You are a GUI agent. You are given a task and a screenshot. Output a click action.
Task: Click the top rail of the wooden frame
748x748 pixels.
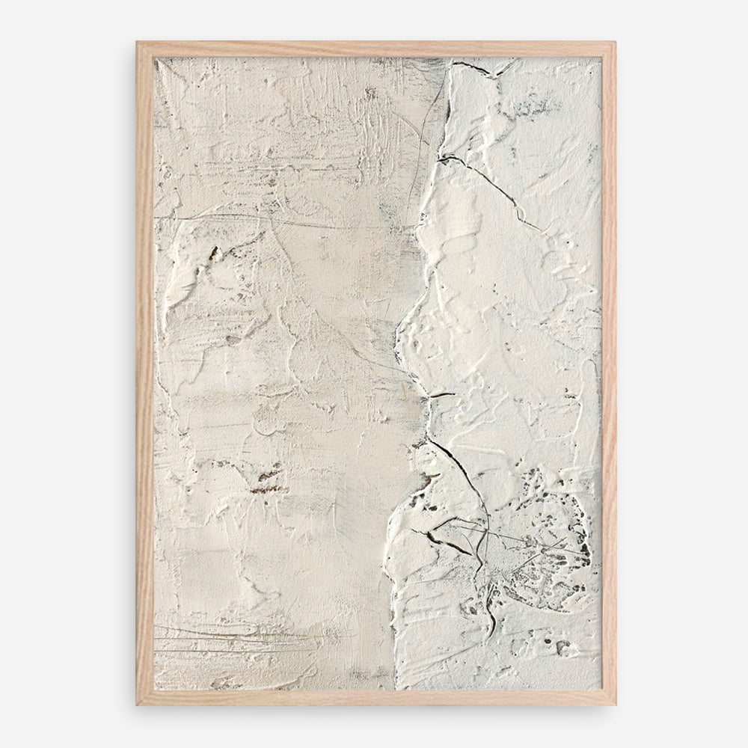(x=374, y=49)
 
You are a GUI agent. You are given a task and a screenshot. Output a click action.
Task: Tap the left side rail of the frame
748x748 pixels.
(x=144, y=374)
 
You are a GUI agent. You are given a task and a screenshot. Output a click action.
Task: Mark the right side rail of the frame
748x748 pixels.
(x=608, y=374)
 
